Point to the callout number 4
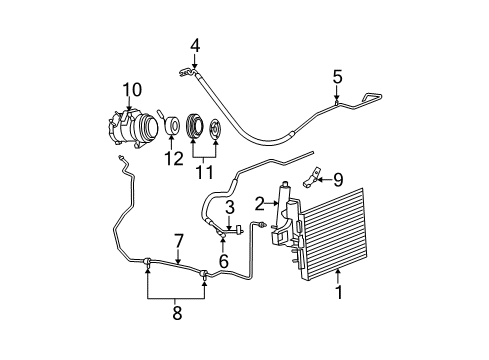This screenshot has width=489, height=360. point(196,44)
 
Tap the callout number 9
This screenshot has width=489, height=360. point(337,181)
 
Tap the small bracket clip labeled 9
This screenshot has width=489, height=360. point(312,179)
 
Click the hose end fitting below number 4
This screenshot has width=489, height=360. point(186,71)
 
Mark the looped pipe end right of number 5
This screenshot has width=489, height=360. point(372,96)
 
